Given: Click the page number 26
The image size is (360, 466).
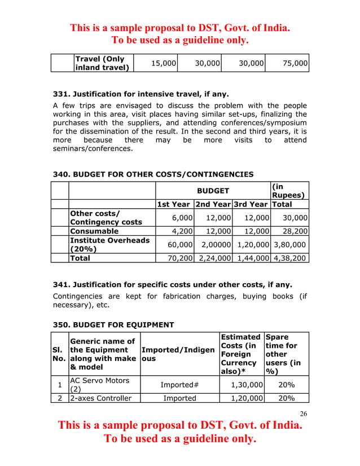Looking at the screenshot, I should [x=304, y=414].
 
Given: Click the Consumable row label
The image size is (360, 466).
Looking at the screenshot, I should [x=94, y=231].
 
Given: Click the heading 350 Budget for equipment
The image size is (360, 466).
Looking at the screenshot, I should [x=113, y=324].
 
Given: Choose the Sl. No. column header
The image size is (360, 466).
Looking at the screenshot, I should [x=60, y=353].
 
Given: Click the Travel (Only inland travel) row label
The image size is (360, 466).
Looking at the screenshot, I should [x=102, y=63].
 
